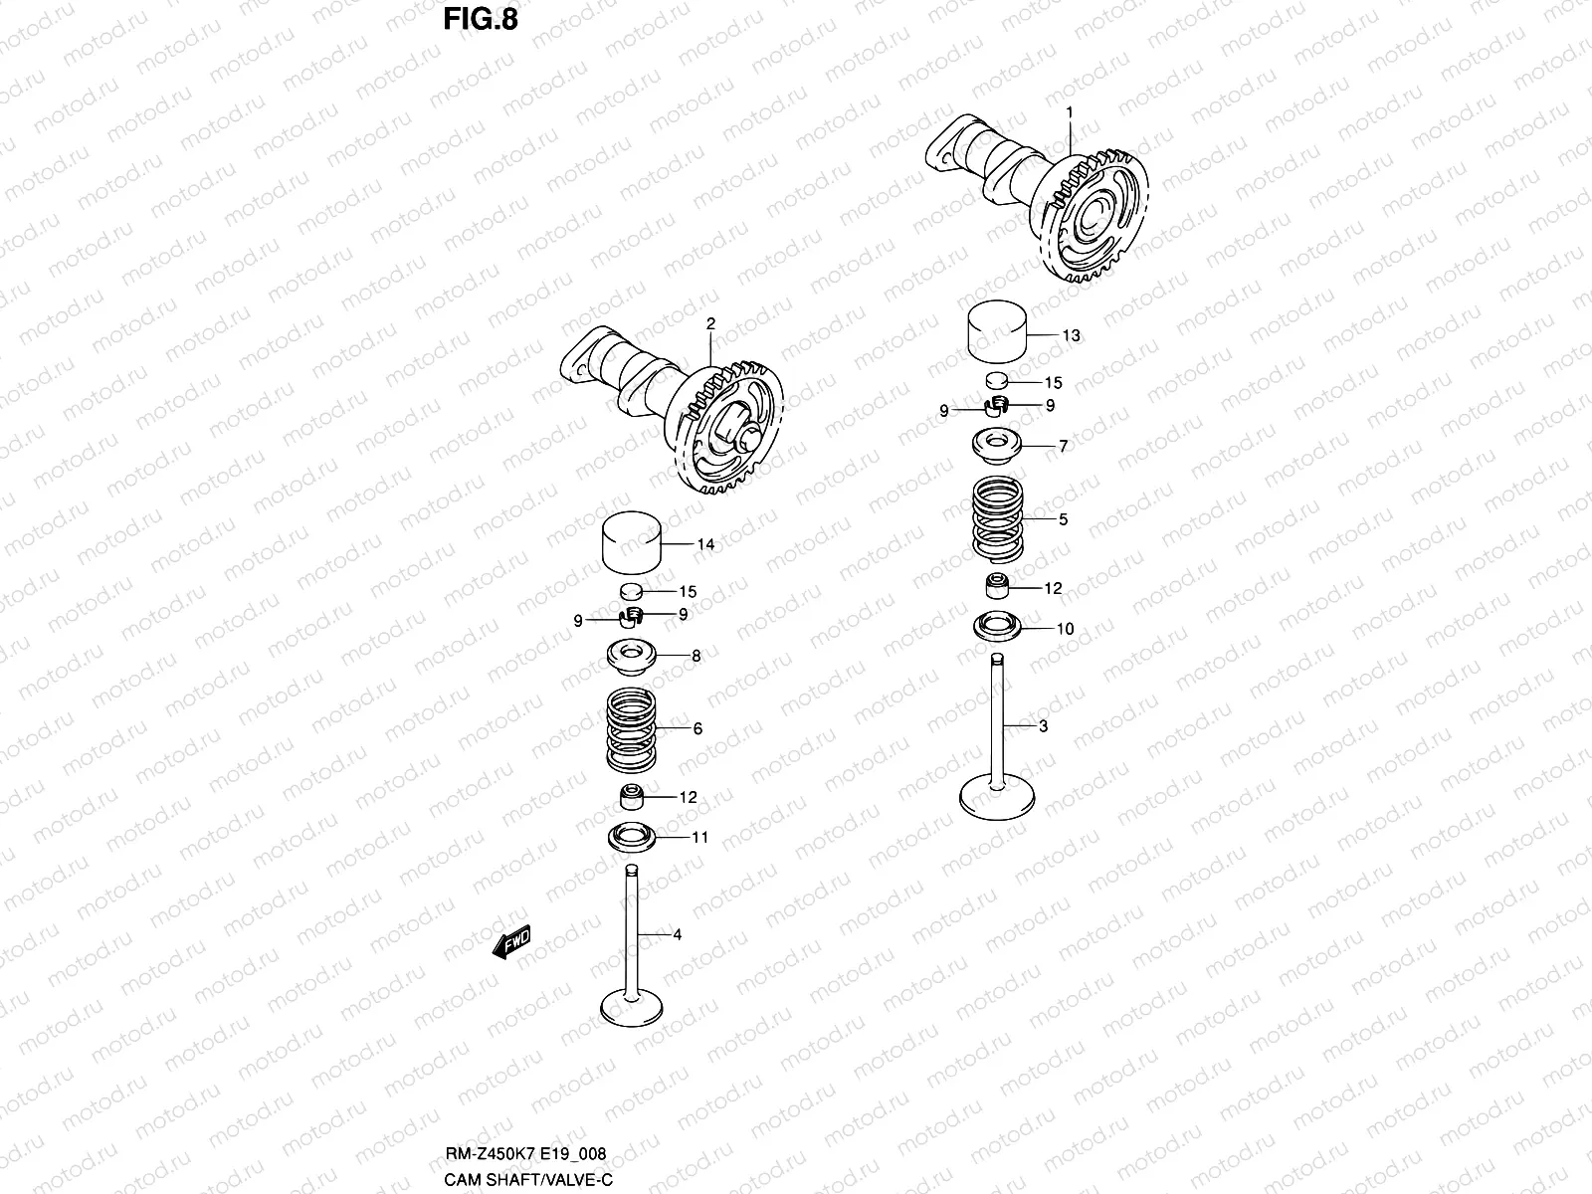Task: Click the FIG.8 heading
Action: (x=480, y=19)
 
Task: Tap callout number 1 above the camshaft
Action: (x=1070, y=113)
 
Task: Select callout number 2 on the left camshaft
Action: (x=710, y=323)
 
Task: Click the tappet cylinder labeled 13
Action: (x=998, y=335)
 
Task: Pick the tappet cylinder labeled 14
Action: (x=634, y=544)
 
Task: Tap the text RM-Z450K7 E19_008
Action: (x=523, y=1154)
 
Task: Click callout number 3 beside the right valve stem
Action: (x=1043, y=727)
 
